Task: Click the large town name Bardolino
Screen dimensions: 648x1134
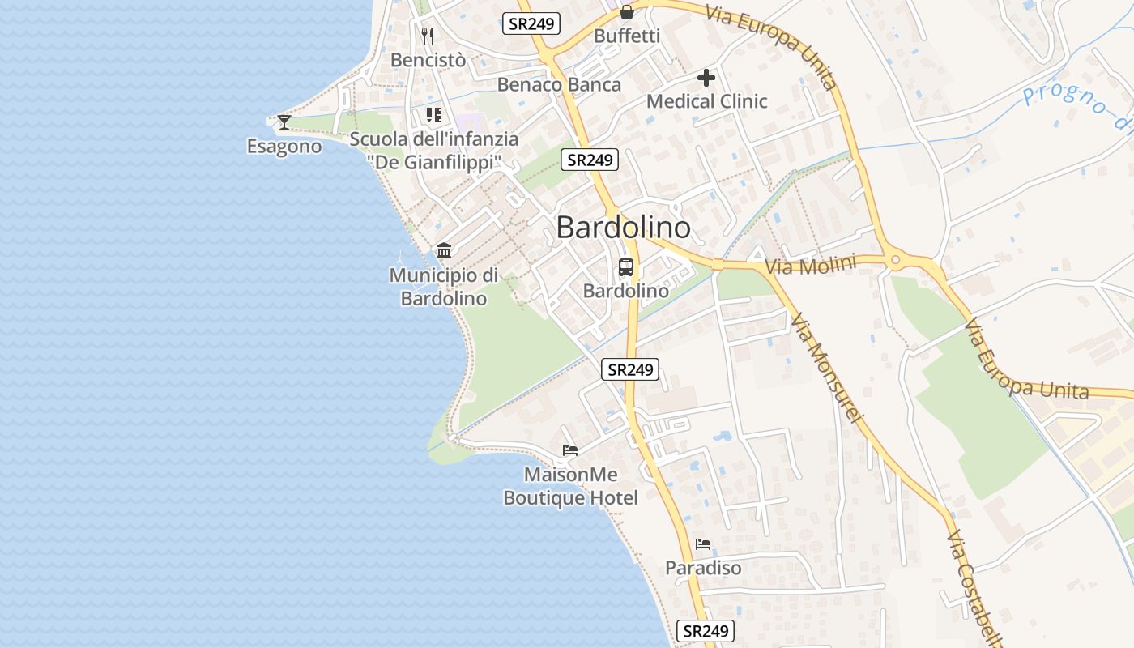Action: coord(624,228)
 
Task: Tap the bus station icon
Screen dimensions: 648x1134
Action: coord(626,267)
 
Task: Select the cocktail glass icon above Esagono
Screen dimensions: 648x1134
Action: coord(283,122)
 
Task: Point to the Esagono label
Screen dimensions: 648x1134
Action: coord(284,147)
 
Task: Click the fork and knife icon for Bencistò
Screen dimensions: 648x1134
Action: coord(428,36)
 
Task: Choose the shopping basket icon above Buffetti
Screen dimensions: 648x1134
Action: coord(627,12)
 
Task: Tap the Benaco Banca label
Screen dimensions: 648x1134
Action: coord(559,84)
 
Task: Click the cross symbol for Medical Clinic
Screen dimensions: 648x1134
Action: coord(706,78)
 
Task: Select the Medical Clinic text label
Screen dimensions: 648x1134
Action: coord(706,101)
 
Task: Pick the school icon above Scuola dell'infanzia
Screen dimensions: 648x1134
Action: coord(434,115)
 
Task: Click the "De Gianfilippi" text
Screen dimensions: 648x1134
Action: coord(434,162)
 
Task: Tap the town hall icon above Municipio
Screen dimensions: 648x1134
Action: coord(444,250)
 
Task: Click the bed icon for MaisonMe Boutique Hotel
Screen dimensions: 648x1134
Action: coord(570,450)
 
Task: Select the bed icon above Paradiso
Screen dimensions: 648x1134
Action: coord(703,544)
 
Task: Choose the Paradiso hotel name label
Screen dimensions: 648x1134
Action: coord(703,568)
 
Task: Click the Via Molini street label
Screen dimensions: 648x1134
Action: coord(811,266)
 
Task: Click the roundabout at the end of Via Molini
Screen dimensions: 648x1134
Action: coord(895,261)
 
